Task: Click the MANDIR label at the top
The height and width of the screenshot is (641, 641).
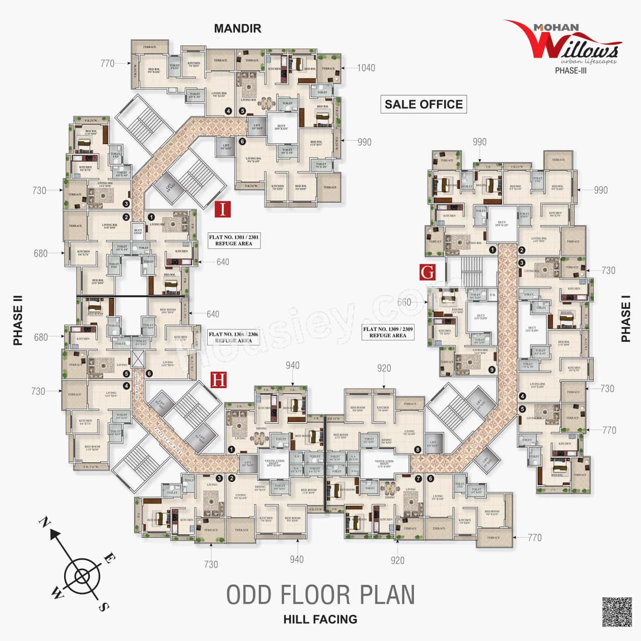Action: (x=237, y=28)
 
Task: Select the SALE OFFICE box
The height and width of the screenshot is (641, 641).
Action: (x=423, y=104)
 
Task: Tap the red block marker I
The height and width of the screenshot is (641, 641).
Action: (x=223, y=209)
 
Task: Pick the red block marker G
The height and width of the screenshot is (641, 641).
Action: (x=428, y=272)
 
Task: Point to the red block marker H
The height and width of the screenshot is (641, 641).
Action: (x=218, y=380)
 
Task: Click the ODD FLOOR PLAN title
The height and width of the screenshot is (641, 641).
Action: (x=320, y=594)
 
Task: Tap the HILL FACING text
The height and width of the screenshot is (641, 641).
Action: (x=320, y=619)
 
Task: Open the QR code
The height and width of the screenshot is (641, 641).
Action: (x=616, y=612)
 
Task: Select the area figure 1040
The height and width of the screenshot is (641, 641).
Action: (x=366, y=68)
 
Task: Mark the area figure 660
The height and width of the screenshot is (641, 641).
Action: (x=404, y=302)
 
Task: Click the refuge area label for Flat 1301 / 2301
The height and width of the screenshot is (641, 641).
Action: (x=234, y=240)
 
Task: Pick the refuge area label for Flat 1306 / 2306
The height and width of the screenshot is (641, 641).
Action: (x=230, y=337)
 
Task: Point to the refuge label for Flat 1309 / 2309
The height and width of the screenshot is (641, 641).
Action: (x=388, y=332)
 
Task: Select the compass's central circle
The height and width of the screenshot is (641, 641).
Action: (x=81, y=577)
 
